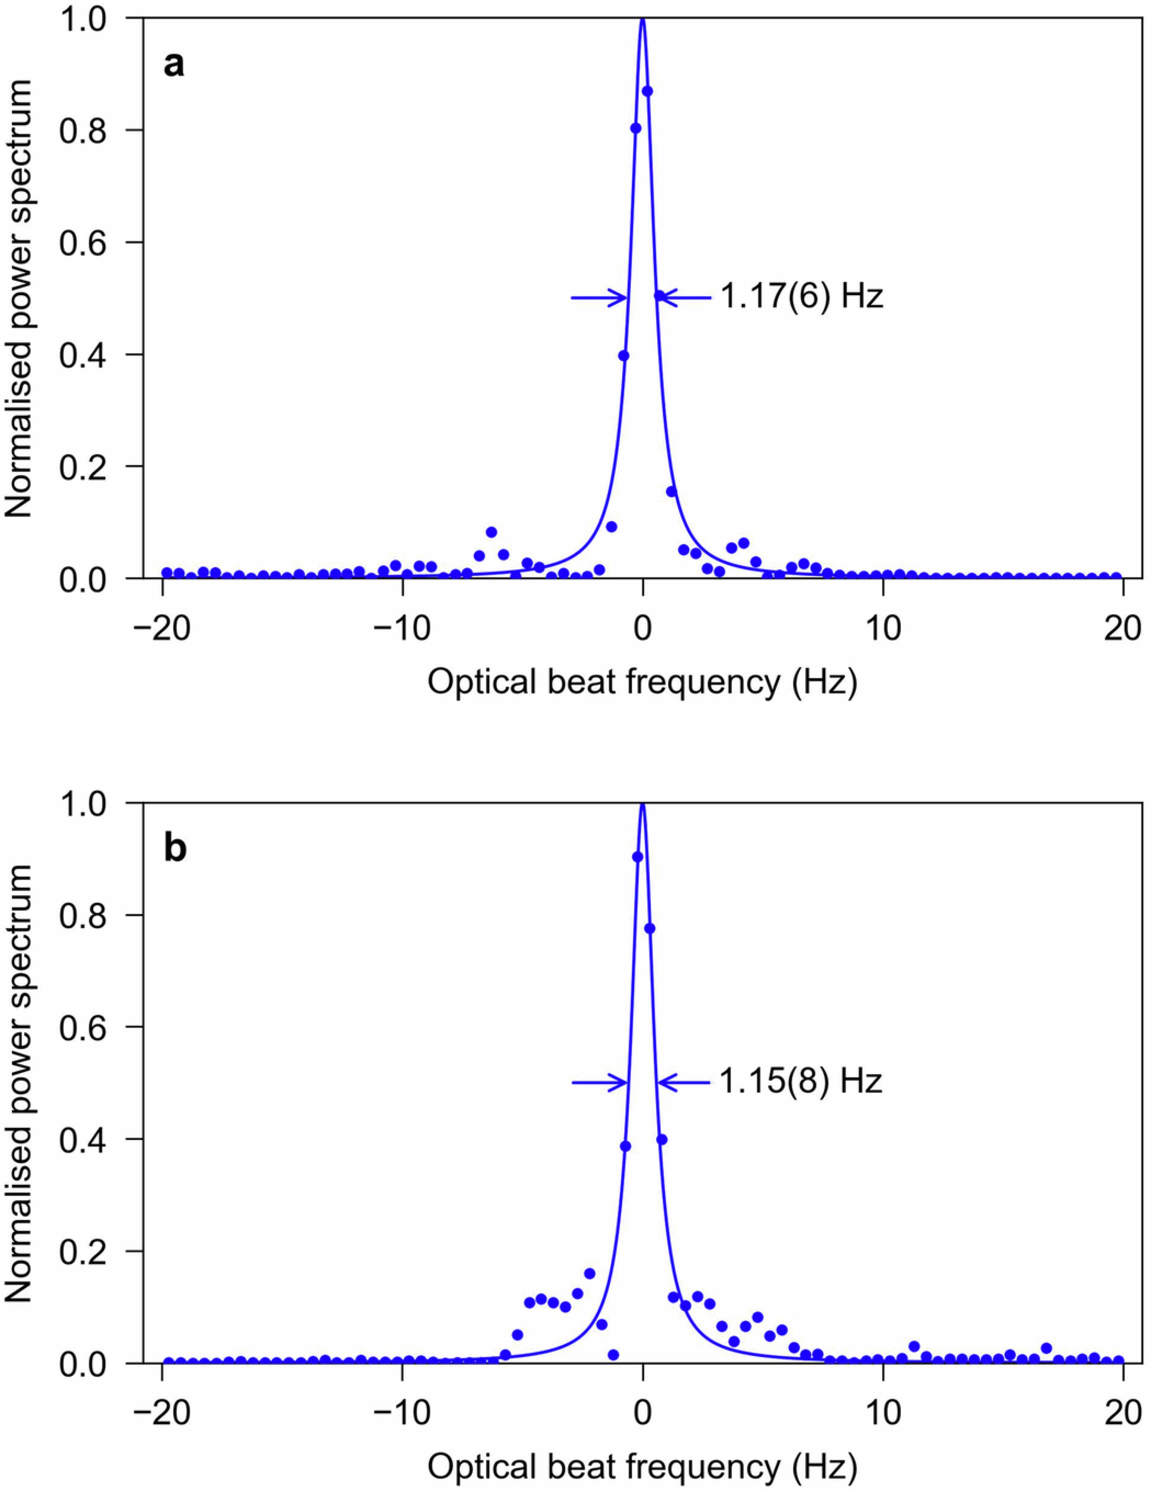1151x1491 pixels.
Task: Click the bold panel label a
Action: tap(174, 66)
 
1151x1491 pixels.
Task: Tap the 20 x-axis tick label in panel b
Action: tap(1122, 1412)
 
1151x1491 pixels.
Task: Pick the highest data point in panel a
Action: tap(648, 91)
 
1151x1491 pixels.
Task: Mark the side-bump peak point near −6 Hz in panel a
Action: tap(491, 532)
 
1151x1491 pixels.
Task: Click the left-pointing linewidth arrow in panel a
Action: tap(685, 297)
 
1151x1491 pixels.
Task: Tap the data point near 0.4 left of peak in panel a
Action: tap(623, 355)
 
